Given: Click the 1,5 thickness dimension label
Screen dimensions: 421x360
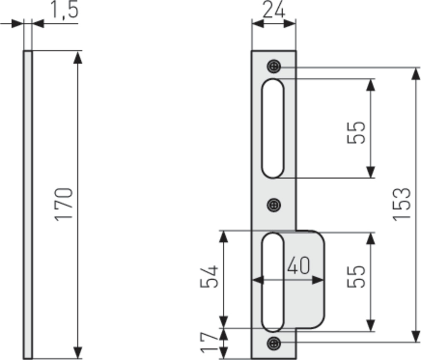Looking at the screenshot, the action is coord(65,10).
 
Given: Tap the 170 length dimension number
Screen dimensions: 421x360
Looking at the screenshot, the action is coord(64,204).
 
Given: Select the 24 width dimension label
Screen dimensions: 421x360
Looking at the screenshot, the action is coord(273,10).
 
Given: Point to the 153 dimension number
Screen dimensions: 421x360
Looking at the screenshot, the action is coord(402,204).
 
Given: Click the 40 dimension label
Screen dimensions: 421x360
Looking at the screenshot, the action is coord(298,265).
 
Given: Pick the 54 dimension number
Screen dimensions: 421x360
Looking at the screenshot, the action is coord(209,277).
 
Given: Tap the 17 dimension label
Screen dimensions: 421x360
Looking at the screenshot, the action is coord(209,343).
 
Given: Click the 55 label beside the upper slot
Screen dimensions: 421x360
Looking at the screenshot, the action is coord(356,132).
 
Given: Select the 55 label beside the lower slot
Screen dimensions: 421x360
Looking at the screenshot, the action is coord(356,277).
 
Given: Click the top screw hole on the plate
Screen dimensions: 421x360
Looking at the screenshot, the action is coord(274,66).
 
